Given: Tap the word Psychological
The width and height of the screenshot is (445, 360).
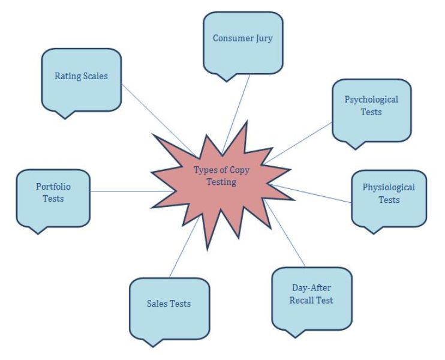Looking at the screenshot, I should click(371, 100).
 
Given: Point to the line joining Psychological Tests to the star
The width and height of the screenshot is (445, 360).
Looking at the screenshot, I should click(300, 142).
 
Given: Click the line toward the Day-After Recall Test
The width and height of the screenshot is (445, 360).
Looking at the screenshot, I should click(288, 237).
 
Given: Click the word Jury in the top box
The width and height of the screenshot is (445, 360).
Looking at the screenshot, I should click(262, 38).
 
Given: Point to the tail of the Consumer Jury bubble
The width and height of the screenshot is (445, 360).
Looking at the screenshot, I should click(225, 78).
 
